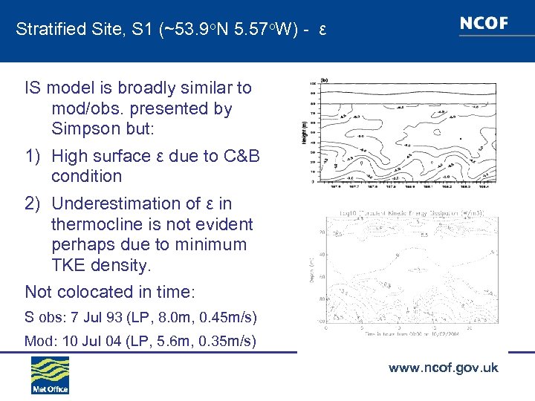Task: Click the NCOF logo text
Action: [x=484, y=23]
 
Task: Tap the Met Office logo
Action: [x=50, y=374]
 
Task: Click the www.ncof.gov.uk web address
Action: [x=443, y=368]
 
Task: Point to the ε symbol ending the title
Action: [x=322, y=30]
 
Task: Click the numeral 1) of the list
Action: [x=33, y=156]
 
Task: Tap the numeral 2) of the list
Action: [x=33, y=203]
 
